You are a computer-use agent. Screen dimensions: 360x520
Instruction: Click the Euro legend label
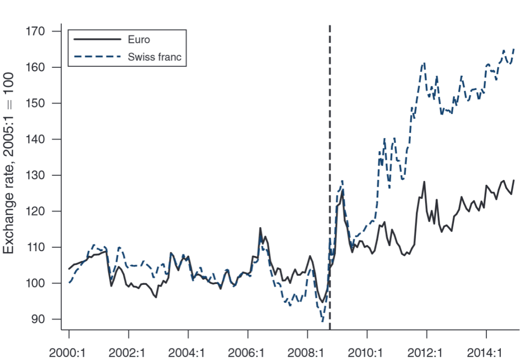139,40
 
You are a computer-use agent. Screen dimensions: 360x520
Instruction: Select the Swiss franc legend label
155,57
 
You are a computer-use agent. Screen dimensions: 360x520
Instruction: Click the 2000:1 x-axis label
69,351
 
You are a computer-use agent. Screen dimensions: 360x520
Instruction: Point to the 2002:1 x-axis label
129,351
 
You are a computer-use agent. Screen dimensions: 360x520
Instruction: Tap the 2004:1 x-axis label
188,351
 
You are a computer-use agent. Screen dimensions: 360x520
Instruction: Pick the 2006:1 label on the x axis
248,351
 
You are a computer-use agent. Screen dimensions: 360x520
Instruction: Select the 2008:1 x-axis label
308,351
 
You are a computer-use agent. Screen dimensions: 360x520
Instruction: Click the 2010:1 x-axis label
367,351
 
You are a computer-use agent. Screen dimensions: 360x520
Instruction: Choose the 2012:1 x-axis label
427,351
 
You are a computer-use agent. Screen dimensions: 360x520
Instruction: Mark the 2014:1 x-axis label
487,351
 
